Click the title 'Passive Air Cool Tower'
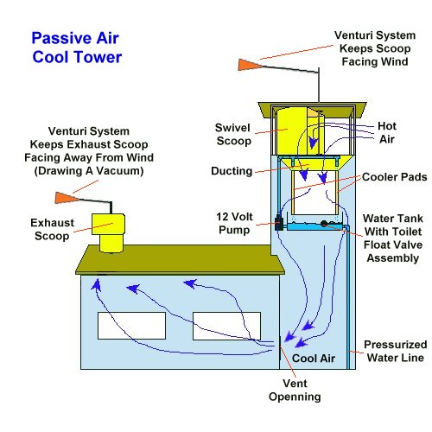[76, 48]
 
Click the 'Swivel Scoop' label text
[233, 134]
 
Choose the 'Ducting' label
[232, 172]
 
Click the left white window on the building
[131, 325]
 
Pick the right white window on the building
[227, 325]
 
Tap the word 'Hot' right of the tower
[388, 126]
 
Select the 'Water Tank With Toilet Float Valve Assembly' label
[390, 238]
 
